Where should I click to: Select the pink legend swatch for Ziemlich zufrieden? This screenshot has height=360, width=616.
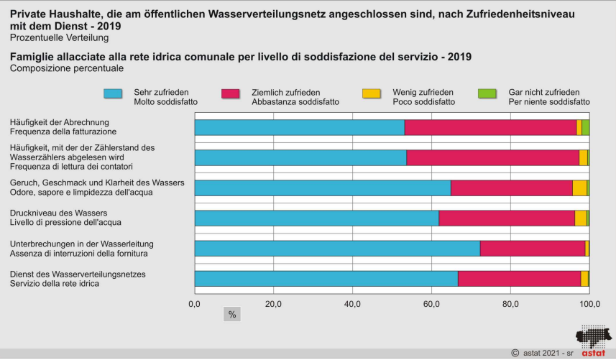coord(230,93)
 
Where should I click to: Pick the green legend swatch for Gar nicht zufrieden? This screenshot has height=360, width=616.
coord(487,93)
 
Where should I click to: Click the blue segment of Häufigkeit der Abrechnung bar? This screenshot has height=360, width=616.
coord(299,127)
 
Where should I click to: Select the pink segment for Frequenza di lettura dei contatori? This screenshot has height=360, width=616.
coord(492,157)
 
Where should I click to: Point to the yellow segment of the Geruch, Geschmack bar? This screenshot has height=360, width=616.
coord(579,188)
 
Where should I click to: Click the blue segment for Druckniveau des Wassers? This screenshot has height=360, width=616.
coord(316,218)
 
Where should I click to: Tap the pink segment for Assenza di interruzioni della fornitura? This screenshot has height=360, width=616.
coord(532,248)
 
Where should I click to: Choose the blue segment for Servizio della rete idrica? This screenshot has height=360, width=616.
coord(326,278)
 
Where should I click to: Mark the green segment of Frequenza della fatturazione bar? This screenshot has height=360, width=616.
coord(586,127)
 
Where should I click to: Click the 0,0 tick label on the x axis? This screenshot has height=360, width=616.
coord(194,305)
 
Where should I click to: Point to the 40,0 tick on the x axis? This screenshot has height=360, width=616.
coord(352,305)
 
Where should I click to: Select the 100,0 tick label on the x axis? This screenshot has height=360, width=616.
coord(590,305)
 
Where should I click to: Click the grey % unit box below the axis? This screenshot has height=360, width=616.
coord(232,314)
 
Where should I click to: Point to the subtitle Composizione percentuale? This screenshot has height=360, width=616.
coord(67,68)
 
